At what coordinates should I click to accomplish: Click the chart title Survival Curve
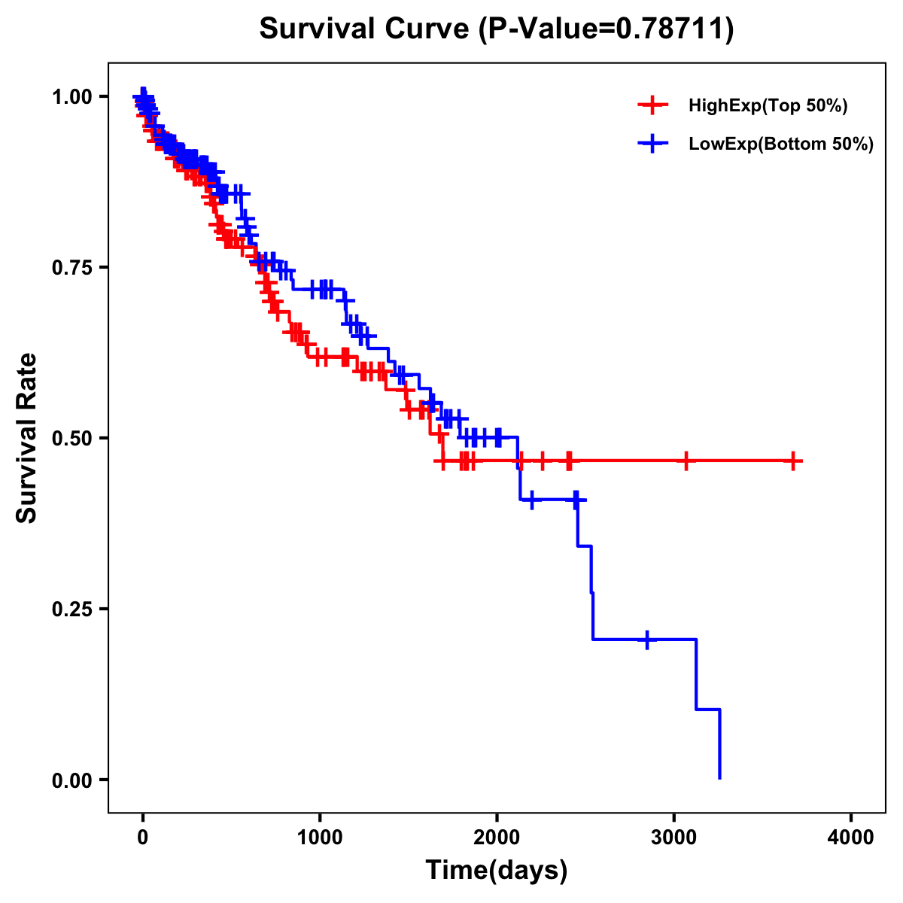pos(366,29)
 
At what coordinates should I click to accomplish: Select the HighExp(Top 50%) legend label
pos(768,106)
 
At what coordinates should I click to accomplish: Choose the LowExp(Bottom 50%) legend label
pos(781,144)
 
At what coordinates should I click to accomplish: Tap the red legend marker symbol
pos(652,106)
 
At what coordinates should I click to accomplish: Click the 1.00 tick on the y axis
pos(71,97)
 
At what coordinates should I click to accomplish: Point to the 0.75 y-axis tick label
pos(71,268)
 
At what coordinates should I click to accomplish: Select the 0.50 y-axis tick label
pos(71,438)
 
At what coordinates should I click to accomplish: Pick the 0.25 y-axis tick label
pos(71,609)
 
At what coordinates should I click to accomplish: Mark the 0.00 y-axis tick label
pos(71,780)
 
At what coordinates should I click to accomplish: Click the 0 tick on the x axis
pos(143,837)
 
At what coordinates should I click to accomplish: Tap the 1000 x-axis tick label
pos(320,837)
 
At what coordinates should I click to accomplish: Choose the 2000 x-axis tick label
pos(497,837)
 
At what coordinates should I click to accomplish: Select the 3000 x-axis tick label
pos(674,837)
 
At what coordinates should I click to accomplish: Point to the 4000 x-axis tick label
pos(851,837)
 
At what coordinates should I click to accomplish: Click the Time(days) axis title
pos(497,871)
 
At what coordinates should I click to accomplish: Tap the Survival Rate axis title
pos(27,438)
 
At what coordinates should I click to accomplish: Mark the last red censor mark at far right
pos(793,461)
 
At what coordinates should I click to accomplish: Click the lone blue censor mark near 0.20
pos(647,640)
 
